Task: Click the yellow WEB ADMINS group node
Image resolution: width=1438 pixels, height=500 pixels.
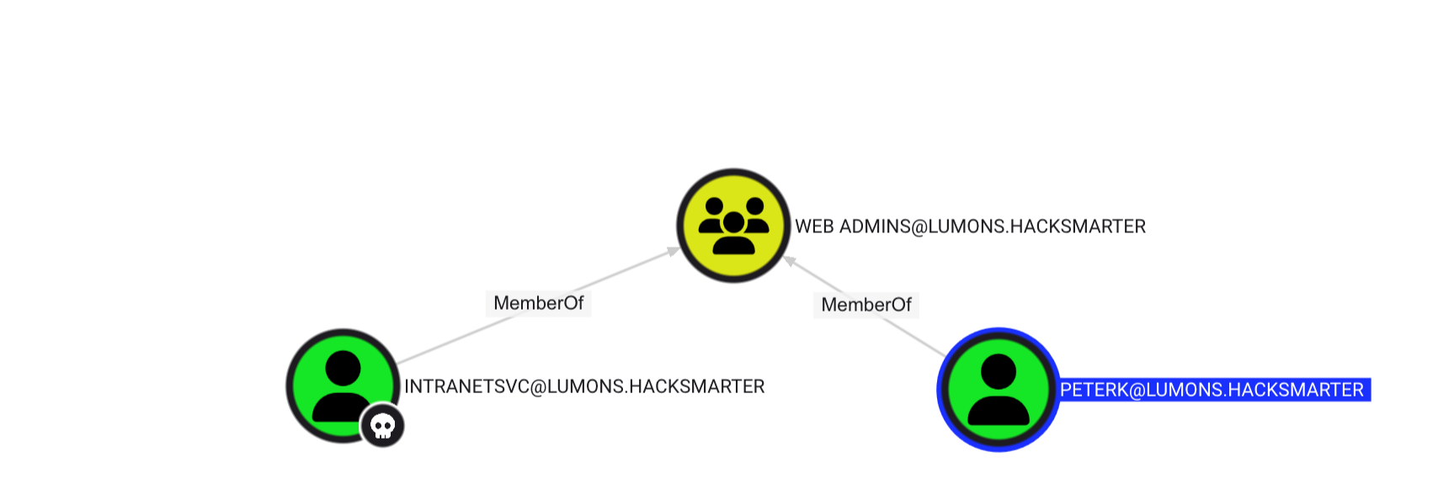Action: [x=733, y=225]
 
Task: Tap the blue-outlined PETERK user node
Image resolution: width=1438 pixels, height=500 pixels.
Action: [x=998, y=389]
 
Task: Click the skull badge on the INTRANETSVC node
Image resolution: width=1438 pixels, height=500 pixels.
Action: [x=382, y=426]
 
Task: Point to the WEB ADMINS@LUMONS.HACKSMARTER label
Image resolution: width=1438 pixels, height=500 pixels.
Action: [x=970, y=226]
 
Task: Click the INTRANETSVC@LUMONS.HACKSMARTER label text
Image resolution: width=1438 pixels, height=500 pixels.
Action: [x=584, y=386]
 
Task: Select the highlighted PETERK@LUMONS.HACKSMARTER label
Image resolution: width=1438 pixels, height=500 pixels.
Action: [x=1212, y=390]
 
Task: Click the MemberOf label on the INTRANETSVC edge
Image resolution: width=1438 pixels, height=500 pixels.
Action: [x=538, y=303]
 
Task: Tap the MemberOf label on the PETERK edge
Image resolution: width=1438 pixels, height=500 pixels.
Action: [x=865, y=305]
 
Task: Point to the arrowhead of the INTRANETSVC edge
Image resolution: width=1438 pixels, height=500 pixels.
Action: [x=674, y=250]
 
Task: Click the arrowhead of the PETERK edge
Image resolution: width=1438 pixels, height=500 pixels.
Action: [x=790, y=261]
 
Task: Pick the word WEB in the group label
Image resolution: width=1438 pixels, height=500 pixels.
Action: [x=814, y=226]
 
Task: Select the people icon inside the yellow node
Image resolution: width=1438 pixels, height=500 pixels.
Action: [x=733, y=225]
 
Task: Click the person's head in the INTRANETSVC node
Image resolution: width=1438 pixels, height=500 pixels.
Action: [x=342, y=369]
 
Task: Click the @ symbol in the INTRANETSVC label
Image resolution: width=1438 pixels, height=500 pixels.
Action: [x=538, y=386]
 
